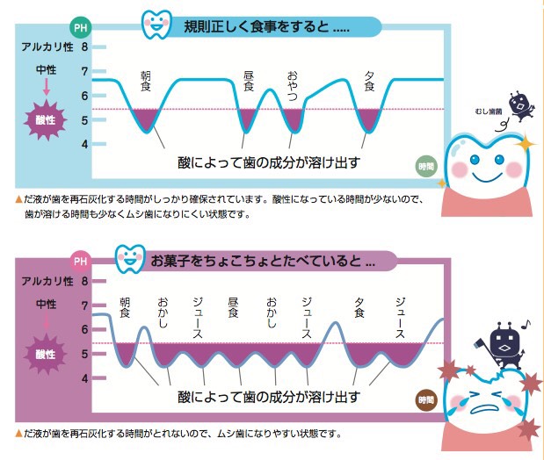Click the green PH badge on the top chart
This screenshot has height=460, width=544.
click(x=81, y=27)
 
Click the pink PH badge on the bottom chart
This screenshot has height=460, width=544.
click(x=81, y=261)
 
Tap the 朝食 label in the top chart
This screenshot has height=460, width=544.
click(x=146, y=81)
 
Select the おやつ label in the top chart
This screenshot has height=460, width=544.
click(x=293, y=86)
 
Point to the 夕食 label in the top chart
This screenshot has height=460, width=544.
click(x=369, y=81)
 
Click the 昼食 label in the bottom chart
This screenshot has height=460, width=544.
click(x=233, y=307)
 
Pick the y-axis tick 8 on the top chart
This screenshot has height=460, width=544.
click(x=84, y=47)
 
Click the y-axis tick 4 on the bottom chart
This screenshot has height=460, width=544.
click(x=84, y=378)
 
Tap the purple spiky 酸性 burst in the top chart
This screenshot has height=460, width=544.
click(x=46, y=120)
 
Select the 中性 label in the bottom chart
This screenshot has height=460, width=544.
click(x=47, y=304)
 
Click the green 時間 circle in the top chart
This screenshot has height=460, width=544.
click(x=426, y=167)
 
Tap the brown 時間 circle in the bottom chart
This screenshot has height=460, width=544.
click(x=426, y=400)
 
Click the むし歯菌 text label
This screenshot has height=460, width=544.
click(x=489, y=111)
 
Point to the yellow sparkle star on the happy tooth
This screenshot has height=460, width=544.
click(x=526, y=143)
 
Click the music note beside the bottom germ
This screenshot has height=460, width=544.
click(x=526, y=324)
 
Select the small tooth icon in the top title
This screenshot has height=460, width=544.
click(x=156, y=24)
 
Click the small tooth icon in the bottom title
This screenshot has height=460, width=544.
click(x=130, y=259)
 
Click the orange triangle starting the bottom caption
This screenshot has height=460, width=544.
click(x=18, y=434)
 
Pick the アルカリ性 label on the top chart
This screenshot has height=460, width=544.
click(x=47, y=47)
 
